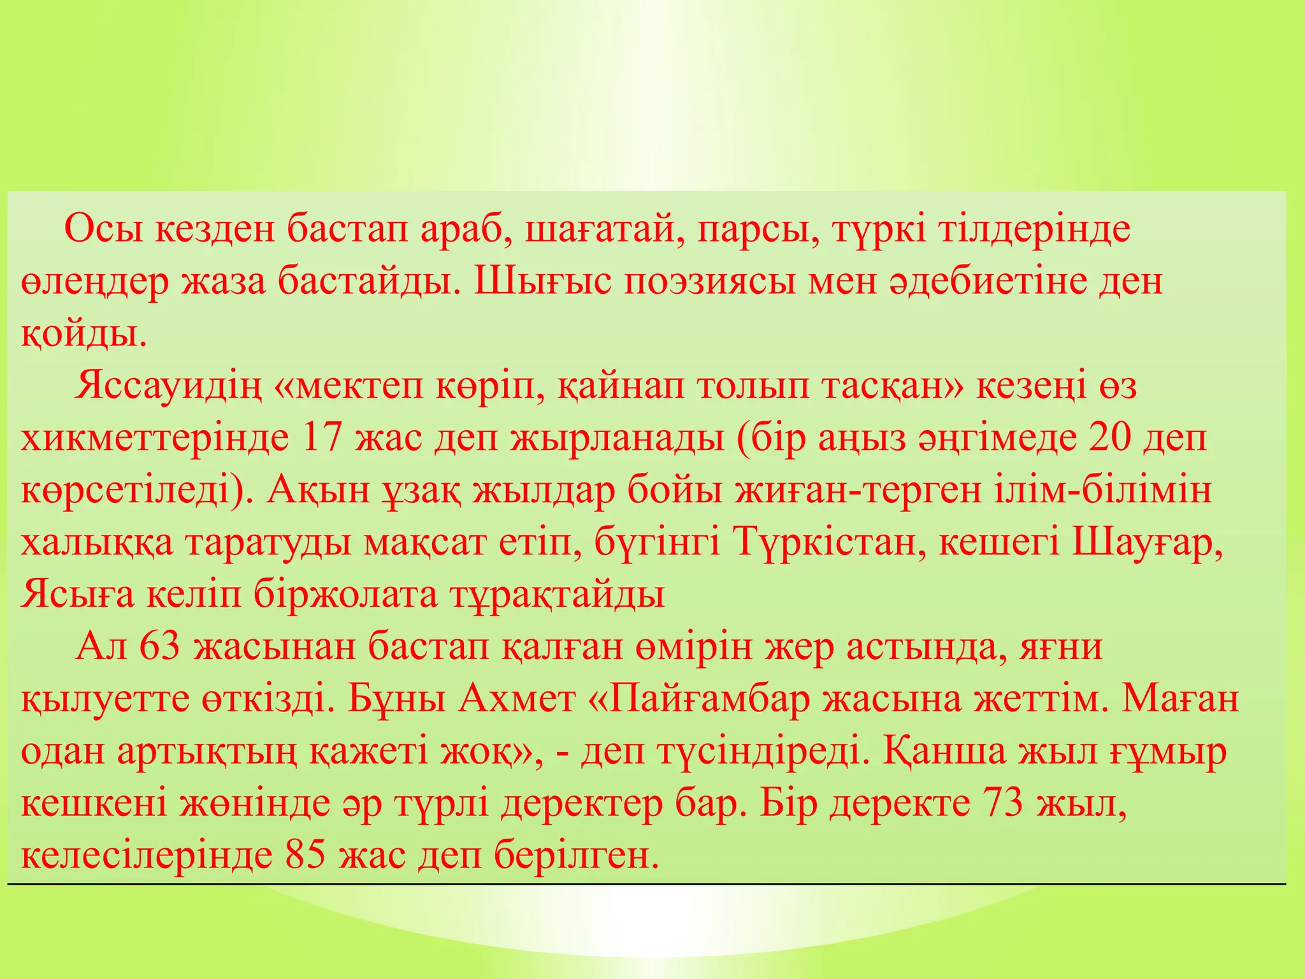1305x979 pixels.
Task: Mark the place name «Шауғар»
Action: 1147,543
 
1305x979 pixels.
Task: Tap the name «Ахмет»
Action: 516,699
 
